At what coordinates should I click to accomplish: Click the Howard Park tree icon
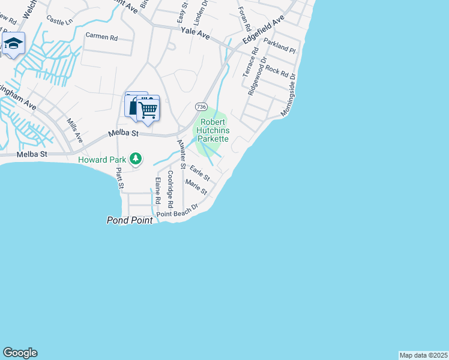click(x=136, y=159)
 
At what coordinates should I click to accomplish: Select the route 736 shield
click(x=201, y=106)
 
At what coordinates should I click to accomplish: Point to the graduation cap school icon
click(x=13, y=44)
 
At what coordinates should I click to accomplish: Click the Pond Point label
click(x=130, y=220)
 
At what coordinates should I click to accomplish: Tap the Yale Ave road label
click(x=195, y=34)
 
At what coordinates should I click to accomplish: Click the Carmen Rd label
click(x=101, y=37)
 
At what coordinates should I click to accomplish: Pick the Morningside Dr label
click(x=289, y=94)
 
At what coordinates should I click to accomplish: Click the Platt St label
click(x=119, y=178)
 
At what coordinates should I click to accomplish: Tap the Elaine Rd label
click(x=158, y=189)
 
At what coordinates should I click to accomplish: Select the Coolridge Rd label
click(x=170, y=190)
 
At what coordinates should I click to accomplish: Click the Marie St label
click(x=196, y=187)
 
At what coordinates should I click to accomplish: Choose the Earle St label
click(x=199, y=173)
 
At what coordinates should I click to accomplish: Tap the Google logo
click(x=20, y=353)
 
